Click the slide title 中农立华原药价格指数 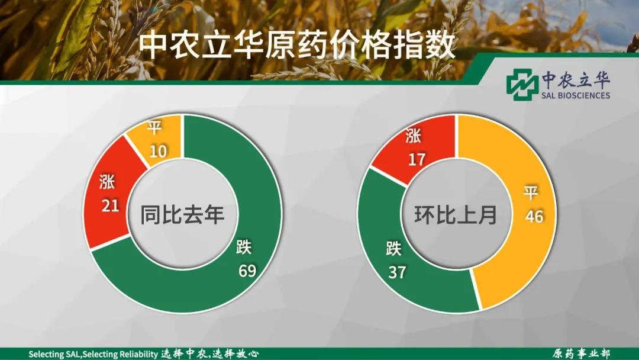296,46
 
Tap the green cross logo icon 522,85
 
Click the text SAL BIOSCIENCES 576,95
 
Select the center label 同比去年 183,214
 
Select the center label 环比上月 456,214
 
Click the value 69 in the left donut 247,271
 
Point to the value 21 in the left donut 110,205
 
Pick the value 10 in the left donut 158,151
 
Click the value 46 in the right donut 534,216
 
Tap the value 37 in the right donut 397,272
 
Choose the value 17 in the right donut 417,159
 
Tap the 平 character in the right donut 531,192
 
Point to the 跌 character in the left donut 244,247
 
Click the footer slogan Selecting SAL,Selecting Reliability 93,354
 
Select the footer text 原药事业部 581,353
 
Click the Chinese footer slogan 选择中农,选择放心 209,353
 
